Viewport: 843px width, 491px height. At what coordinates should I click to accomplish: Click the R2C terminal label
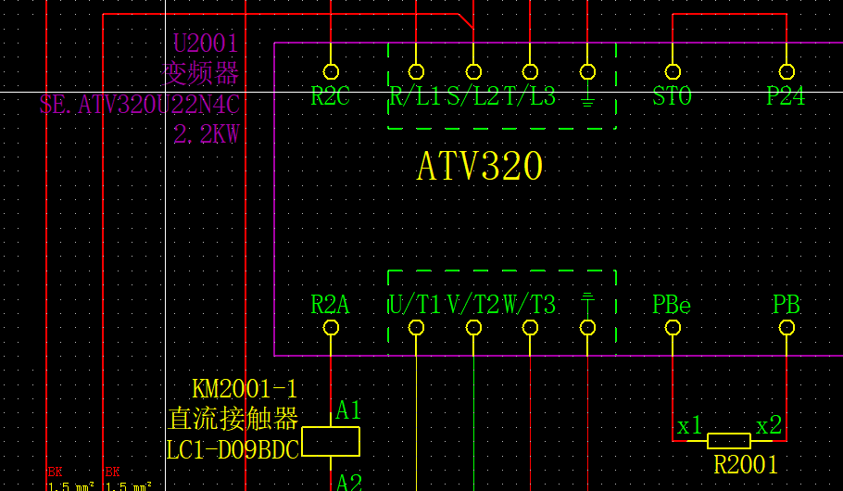click(x=330, y=96)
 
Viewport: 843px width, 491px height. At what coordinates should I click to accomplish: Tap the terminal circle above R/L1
click(x=416, y=71)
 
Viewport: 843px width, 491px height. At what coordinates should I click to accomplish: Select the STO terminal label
click(x=672, y=96)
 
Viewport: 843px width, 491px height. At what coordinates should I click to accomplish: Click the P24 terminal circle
click(x=786, y=71)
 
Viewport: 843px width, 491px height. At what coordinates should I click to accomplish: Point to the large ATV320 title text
click(x=479, y=167)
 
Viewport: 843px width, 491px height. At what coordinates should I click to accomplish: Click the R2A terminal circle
click(x=331, y=327)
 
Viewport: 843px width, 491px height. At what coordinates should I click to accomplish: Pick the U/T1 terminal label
click(x=414, y=304)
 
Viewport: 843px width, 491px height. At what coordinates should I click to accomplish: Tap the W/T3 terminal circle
click(x=530, y=327)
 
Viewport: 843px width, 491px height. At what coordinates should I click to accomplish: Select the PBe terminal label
click(x=672, y=304)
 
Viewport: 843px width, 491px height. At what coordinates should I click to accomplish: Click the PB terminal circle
click(x=786, y=327)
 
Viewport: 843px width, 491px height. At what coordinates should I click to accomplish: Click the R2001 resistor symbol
click(x=729, y=441)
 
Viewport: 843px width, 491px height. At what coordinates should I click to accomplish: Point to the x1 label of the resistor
click(x=689, y=426)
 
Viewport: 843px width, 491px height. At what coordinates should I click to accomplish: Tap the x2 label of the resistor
click(x=769, y=426)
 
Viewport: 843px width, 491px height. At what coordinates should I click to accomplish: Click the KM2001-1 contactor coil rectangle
click(x=331, y=442)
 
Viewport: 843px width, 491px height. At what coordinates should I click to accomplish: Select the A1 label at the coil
click(x=348, y=410)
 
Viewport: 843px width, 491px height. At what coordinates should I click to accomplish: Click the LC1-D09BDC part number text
click(x=232, y=450)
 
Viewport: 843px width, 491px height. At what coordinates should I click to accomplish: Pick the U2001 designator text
click(x=206, y=44)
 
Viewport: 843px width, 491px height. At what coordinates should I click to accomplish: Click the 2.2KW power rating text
click(x=207, y=134)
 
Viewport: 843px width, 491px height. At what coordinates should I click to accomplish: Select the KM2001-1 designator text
click(x=245, y=389)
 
